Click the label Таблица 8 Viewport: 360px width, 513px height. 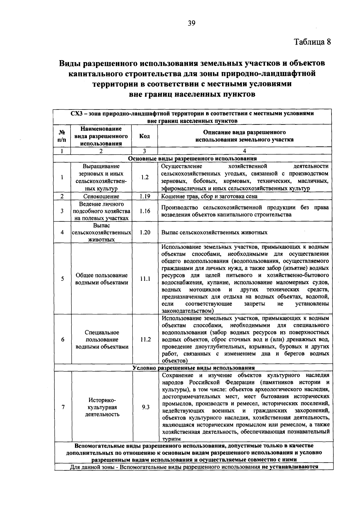[312, 42]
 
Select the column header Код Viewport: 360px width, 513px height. [145, 136]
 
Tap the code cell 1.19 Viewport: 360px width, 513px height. [145, 196]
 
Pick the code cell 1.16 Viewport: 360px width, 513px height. [145, 211]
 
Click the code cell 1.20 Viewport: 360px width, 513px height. [145, 232]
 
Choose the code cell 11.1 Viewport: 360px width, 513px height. [145, 279]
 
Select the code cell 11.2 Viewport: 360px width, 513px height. [145, 339]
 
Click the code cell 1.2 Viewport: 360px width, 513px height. [145, 177]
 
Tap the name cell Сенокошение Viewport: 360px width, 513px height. [101, 196]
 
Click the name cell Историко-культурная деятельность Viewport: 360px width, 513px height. [102, 407]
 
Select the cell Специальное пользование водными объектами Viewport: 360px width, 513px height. [102, 340]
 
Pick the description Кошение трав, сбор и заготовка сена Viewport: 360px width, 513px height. [209, 196]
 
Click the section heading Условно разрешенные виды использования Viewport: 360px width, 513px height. [193, 368]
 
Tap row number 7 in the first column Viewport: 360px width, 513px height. [63, 407]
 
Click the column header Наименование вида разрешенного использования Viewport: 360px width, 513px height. [101, 136]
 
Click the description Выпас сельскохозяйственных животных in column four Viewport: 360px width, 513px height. [214, 232]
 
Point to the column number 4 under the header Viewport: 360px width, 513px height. [244, 151]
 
